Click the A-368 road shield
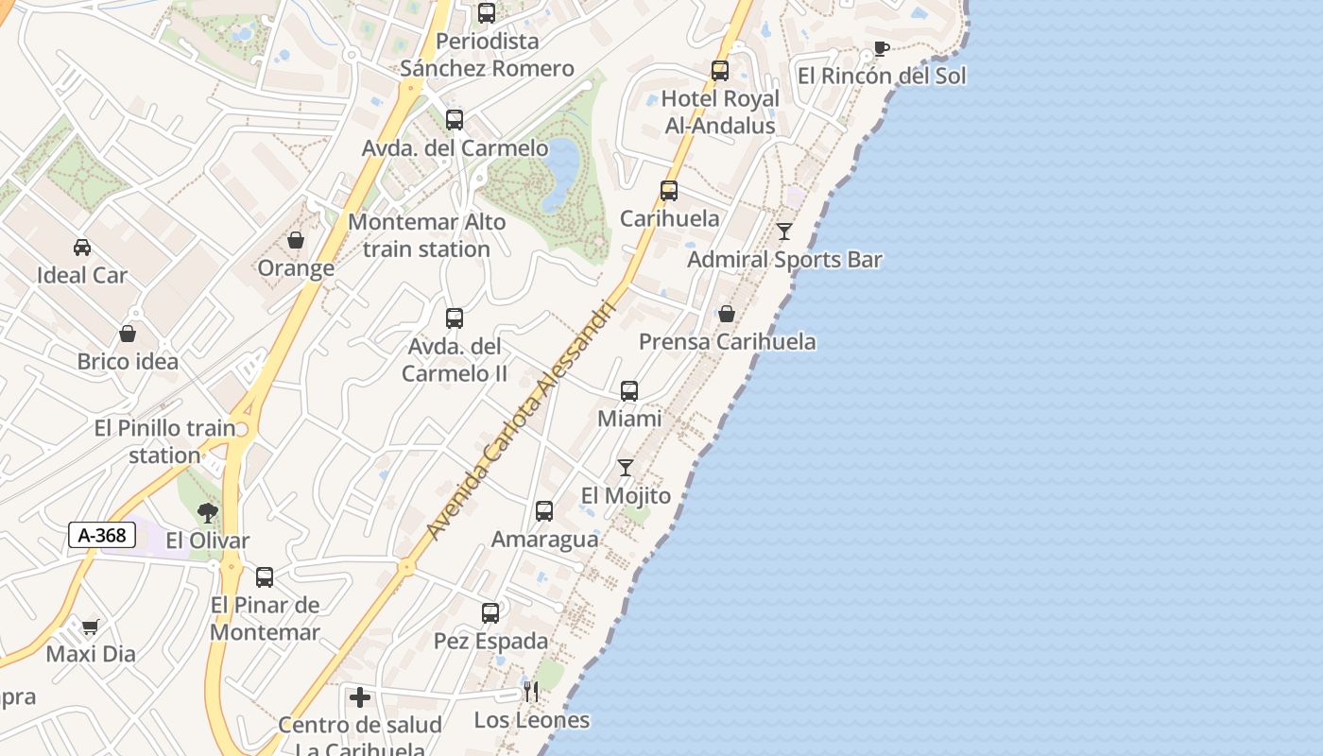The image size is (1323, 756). [x=102, y=535]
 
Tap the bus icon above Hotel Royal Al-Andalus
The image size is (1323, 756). [x=720, y=71]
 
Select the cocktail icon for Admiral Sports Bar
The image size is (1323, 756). [x=784, y=232]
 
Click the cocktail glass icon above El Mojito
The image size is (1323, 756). [x=626, y=468]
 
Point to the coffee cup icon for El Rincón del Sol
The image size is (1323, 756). [x=882, y=48]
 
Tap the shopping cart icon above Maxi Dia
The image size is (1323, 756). [x=91, y=627]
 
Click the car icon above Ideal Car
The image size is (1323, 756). [x=82, y=248]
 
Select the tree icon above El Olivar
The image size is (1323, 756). [x=208, y=513]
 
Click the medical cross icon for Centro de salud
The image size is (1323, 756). [x=360, y=697]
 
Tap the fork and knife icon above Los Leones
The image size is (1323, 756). [x=531, y=692]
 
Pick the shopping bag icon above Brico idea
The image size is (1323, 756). [x=128, y=334]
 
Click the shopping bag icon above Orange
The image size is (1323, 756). [x=296, y=240]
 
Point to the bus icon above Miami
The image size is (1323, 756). [x=629, y=391]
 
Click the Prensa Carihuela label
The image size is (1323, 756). [x=728, y=341]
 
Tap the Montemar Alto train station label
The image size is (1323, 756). [x=427, y=235]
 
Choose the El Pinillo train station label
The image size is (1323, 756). [x=164, y=441]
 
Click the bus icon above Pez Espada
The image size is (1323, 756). [x=490, y=613]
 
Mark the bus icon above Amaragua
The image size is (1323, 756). [x=544, y=511]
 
